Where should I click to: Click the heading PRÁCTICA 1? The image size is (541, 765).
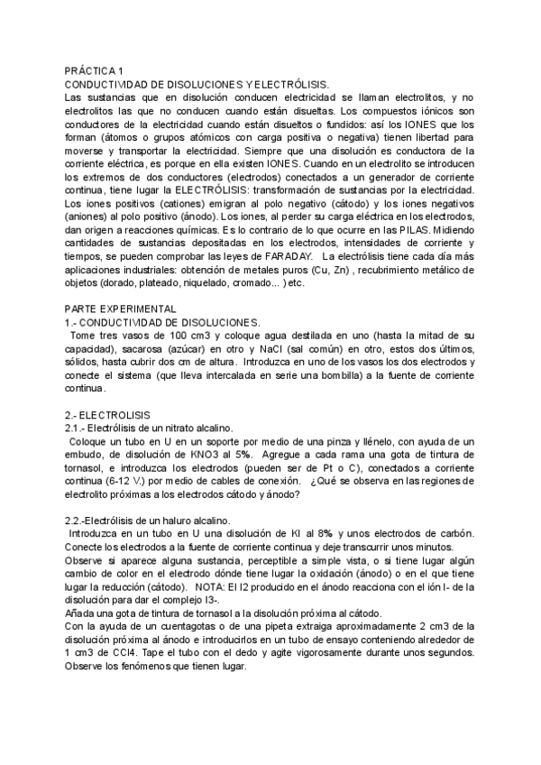(95, 70)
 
